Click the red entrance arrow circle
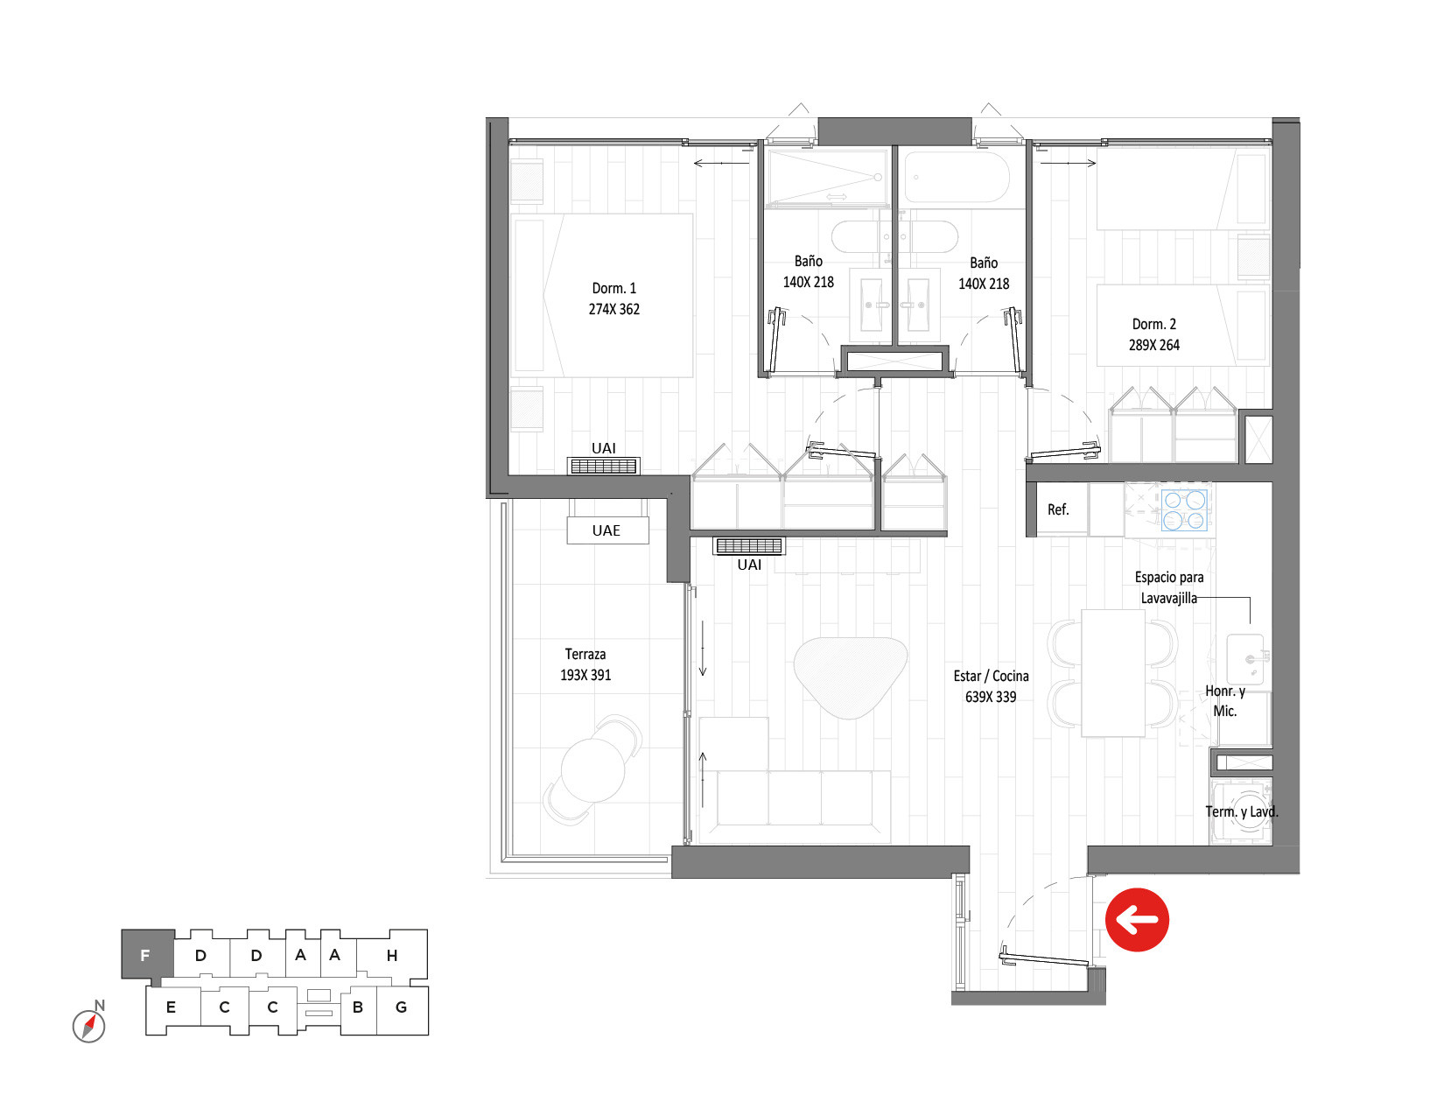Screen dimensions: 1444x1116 tap(1136, 919)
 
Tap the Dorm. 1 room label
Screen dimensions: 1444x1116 tap(613, 289)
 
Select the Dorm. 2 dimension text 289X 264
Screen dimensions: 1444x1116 tap(1153, 345)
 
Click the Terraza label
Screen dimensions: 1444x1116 tap(585, 654)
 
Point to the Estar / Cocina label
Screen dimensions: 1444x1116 tap(991, 676)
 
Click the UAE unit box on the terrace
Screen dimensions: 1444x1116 tap(607, 530)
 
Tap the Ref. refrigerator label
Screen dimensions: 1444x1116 tap(1058, 509)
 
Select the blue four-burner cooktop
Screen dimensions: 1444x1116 tap(1183, 509)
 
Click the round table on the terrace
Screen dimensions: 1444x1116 tap(592, 769)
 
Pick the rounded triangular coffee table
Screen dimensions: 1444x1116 tap(850, 676)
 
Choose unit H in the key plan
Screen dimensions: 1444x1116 tap(392, 955)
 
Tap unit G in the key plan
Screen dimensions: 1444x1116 tap(402, 1007)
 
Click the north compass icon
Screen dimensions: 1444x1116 tap(89, 1024)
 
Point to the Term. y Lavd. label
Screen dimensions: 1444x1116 tap(1241, 811)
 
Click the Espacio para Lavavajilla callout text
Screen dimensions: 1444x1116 tap(1169, 587)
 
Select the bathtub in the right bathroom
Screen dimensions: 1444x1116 tap(957, 177)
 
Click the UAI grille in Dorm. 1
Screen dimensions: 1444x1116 tap(603, 466)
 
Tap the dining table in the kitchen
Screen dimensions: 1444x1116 tap(1113, 672)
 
